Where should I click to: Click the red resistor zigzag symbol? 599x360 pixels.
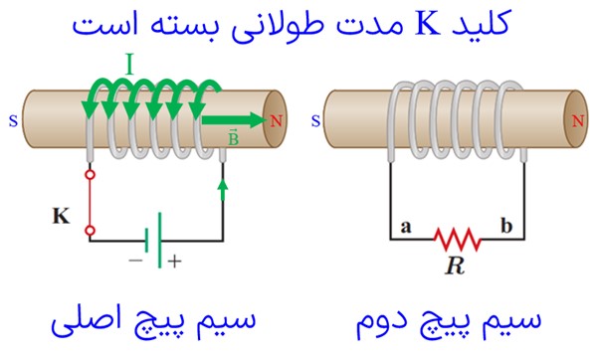(x=458, y=240)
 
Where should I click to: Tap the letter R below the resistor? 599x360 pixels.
(x=455, y=266)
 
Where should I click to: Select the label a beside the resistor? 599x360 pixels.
(x=406, y=227)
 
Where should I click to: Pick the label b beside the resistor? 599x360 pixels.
(x=506, y=225)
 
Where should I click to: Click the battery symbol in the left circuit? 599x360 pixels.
(x=153, y=240)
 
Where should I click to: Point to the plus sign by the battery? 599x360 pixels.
(x=174, y=262)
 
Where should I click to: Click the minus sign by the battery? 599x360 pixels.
(x=135, y=261)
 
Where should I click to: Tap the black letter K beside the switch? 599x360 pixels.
(x=61, y=216)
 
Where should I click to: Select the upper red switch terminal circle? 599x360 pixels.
(x=91, y=175)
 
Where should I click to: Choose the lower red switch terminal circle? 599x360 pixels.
(x=91, y=231)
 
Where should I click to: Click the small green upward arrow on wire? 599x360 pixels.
(x=223, y=190)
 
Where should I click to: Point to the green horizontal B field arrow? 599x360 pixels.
(x=234, y=120)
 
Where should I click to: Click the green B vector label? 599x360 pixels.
(x=233, y=138)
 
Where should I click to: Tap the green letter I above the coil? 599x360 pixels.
(x=130, y=64)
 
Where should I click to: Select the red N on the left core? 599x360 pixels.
(x=276, y=121)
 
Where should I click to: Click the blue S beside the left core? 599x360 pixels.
(x=13, y=121)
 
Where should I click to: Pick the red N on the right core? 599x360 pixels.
(x=577, y=121)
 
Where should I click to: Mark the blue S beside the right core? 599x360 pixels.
(x=315, y=121)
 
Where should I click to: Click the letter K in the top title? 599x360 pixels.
(x=429, y=24)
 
